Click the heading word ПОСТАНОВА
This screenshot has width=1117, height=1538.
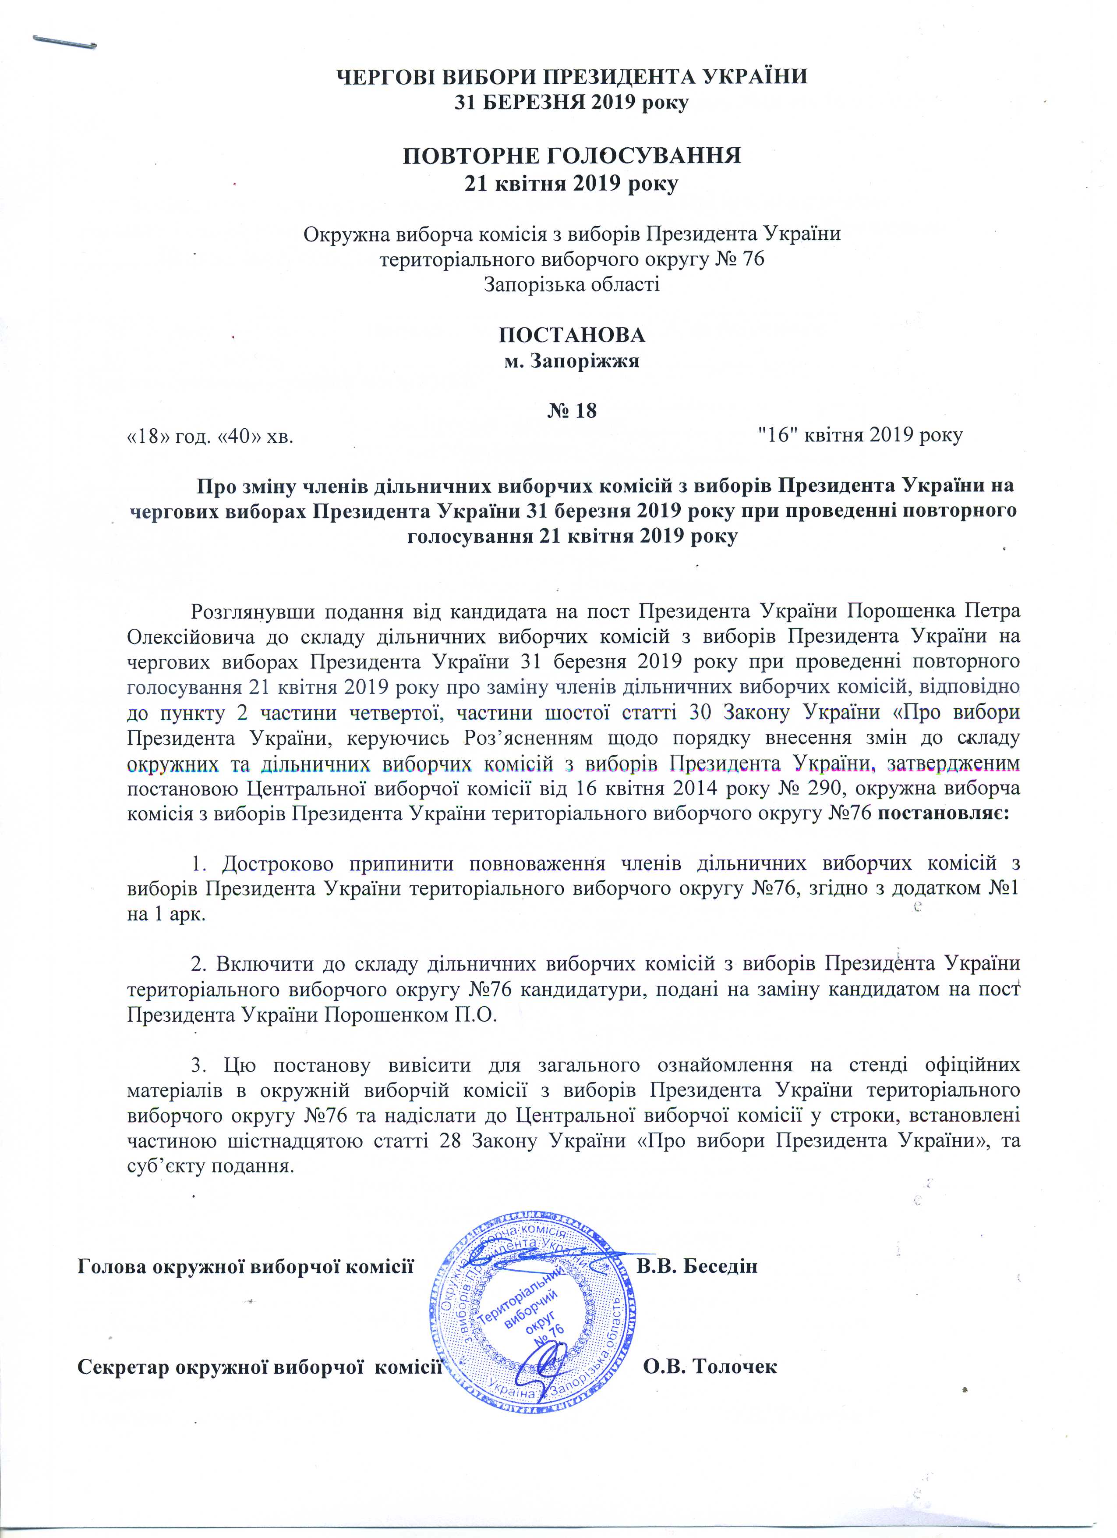(571, 335)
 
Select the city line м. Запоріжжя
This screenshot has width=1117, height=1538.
(571, 361)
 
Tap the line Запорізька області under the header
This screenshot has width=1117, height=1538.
(571, 284)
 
